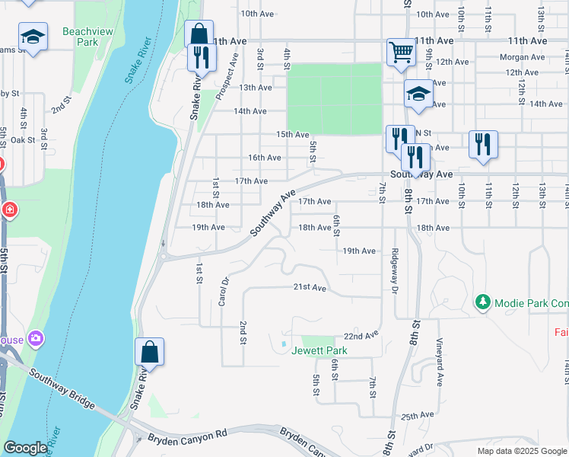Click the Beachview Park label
click(83, 37)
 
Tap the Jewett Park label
click(319, 351)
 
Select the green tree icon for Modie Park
click(482, 302)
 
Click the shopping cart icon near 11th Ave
click(401, 52)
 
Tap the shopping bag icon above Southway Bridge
click(150, 352)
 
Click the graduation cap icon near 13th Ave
click(418, 93)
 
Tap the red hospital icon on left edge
click(9, 209)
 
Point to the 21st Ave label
click(310, 288)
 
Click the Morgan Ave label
click(522, 57)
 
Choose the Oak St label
click(24, 139)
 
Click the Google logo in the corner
click(25, 448)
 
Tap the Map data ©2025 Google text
click(521, 451)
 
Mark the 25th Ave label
click(417, 416)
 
